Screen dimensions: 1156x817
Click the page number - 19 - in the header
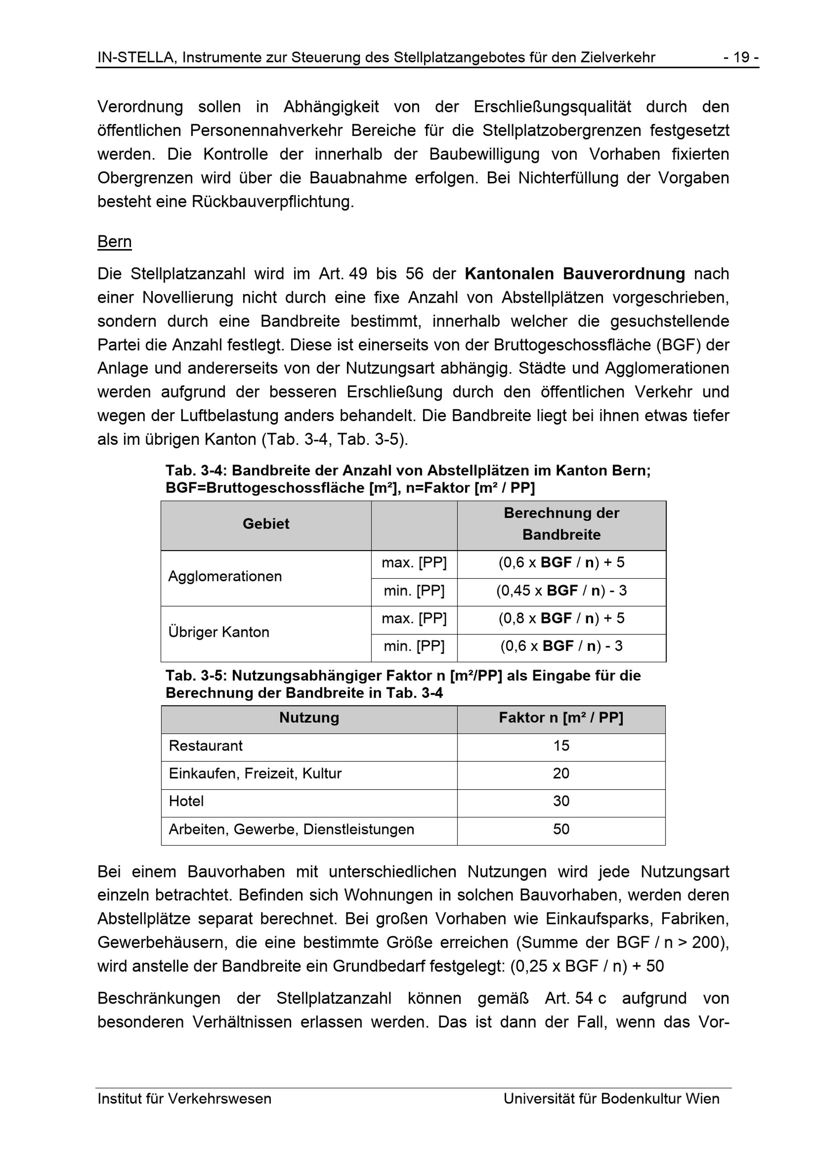pos(741,58)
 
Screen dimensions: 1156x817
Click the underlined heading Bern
pos(114,242)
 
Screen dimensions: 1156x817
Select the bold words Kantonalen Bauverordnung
pos(574,274)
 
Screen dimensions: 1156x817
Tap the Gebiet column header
pos(266,524)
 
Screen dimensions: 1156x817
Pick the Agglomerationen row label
pos(225,576)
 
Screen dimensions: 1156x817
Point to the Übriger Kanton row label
pos(219,632)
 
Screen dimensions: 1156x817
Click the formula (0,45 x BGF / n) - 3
pos(561,590)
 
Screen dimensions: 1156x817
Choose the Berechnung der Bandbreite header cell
pos(561,524)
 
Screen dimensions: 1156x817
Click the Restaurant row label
pos(205,745)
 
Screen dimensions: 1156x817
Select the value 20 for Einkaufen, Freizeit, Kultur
pos(561,773)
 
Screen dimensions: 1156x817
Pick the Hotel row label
pos(186,801)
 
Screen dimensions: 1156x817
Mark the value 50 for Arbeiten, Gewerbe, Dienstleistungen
pos(561,829)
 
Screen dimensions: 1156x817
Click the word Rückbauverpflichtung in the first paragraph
pos(272,202)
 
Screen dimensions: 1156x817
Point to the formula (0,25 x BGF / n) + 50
pos(587,966)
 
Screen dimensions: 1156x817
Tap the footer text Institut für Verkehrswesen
pos(184,1098)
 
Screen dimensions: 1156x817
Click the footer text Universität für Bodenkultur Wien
pos(611,1098)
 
